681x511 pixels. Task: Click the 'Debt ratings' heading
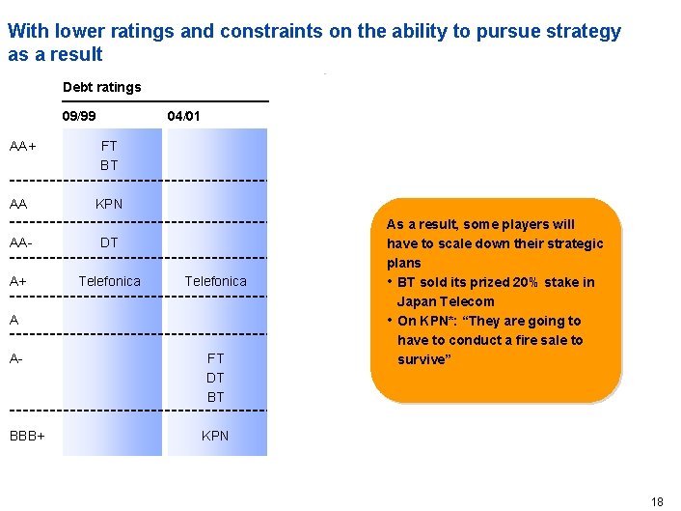pyautogui.click(x=101, y=87)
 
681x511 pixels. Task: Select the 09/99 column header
pyautogui.click(x=79, y=116)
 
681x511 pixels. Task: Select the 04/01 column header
pyautogui.click(x=183, y=116)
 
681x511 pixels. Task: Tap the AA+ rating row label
pyautogui.click(x=23, y=147)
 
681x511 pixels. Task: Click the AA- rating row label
pyautogui.click(x=22, y=242)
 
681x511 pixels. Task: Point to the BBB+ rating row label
pyautogui.click(x=28, y=436)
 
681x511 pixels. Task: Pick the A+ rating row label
pyautogui.click(x=19, y=281)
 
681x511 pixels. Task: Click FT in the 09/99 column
pyautogui.click(x=109, y=147)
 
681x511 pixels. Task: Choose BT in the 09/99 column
pyautogui.click(x=109, y=165)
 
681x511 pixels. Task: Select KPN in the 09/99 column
pyautogui.click(x=109, y=205)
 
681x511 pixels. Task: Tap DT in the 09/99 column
pyautogui.click(x=109, y=242)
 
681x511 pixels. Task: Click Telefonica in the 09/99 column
pyautogui.click(x=109, y=281)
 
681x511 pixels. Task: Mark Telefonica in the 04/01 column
pyautogui.click(x=215, y=281)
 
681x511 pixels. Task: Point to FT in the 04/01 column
pyautogui.click(x=215, y=358)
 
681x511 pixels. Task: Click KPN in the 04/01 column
pyautogui.click(x=215, y=436)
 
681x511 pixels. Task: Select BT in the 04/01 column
pyautogui.click(x=215, y=397)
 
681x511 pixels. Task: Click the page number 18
pyautogui.click(x=657, y=501)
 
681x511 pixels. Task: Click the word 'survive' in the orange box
pyautogui.click(x=422, y=359)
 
